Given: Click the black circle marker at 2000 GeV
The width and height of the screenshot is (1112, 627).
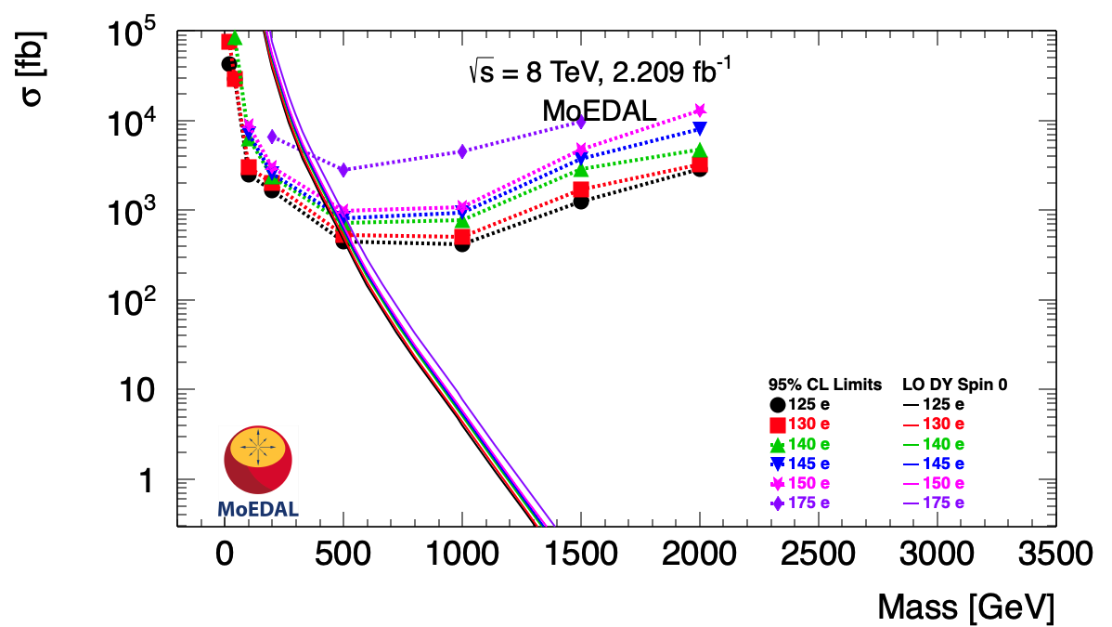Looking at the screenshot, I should click(700, 168).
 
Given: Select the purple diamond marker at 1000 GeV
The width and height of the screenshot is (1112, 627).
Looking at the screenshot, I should click(462, 151).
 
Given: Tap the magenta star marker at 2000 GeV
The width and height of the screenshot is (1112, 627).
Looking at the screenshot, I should click(700, 111).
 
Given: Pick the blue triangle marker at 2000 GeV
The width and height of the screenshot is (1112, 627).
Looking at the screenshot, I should click(700, 128).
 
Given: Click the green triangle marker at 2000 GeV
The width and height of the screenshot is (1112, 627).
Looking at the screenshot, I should click(700, 150).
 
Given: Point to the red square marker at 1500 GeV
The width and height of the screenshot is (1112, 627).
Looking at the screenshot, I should click(581, 189).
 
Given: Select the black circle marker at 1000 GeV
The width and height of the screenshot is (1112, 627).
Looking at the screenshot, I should click(462, 244).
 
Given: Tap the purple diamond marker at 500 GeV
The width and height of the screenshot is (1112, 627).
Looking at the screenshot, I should click(343, 170).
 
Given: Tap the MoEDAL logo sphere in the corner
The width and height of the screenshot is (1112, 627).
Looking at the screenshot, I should click(258, 460).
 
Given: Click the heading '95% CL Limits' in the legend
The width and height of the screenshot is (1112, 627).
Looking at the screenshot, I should click(825, 384).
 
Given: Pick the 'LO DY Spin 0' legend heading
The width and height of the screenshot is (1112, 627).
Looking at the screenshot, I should click(955, 384).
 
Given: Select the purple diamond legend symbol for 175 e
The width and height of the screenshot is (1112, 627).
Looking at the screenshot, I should click(778, 503).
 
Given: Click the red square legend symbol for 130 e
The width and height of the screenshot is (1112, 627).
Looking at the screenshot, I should click(778, 425).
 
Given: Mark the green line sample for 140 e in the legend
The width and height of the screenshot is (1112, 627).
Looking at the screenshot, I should click(911, 444).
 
